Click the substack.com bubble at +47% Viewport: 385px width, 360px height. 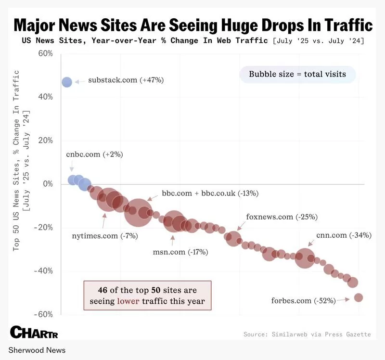[67, 82]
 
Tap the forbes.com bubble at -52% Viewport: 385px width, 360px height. [358, 297]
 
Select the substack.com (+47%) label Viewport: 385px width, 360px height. [126, 80]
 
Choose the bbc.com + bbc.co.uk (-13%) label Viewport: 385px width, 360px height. [210, 193]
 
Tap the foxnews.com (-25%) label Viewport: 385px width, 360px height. [282, 217]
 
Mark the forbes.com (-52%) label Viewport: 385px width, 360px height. [303, 301]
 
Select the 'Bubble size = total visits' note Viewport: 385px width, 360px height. [297, 75]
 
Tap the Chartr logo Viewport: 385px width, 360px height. [34, 332]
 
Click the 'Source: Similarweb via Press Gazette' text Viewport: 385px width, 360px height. [307, 334]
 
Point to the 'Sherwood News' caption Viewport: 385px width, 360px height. [37, 350]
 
